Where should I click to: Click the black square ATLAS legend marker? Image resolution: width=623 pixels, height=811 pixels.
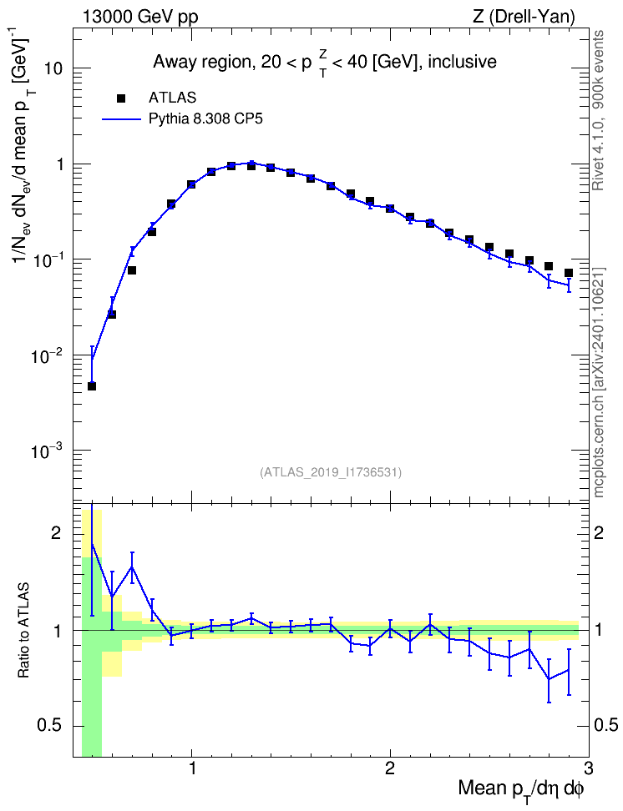[121, 98]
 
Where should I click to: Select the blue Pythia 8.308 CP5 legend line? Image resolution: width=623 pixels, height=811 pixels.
[121, 119]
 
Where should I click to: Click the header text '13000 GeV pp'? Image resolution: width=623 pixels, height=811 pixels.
[139, 18]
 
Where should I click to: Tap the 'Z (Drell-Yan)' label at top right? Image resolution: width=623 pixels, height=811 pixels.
[523, 18]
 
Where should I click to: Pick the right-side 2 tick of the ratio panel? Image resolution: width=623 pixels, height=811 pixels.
[599, 532]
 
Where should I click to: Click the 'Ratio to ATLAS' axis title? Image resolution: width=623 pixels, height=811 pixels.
[24, 631]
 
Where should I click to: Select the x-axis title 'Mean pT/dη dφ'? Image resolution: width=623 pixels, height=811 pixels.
[521, 789]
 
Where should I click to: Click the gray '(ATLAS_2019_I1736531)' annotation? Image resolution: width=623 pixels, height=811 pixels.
[331, 472]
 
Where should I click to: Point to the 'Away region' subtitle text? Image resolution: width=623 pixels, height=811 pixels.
[202, 62]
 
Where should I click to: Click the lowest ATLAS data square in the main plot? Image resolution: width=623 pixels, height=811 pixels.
[92, 385]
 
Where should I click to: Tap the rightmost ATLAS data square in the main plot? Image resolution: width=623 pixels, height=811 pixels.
[568, 273]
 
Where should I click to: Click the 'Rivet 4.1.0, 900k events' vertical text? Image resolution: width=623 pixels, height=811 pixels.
[599, 110]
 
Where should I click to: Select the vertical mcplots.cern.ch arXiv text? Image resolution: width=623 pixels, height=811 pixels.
[599, 382]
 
